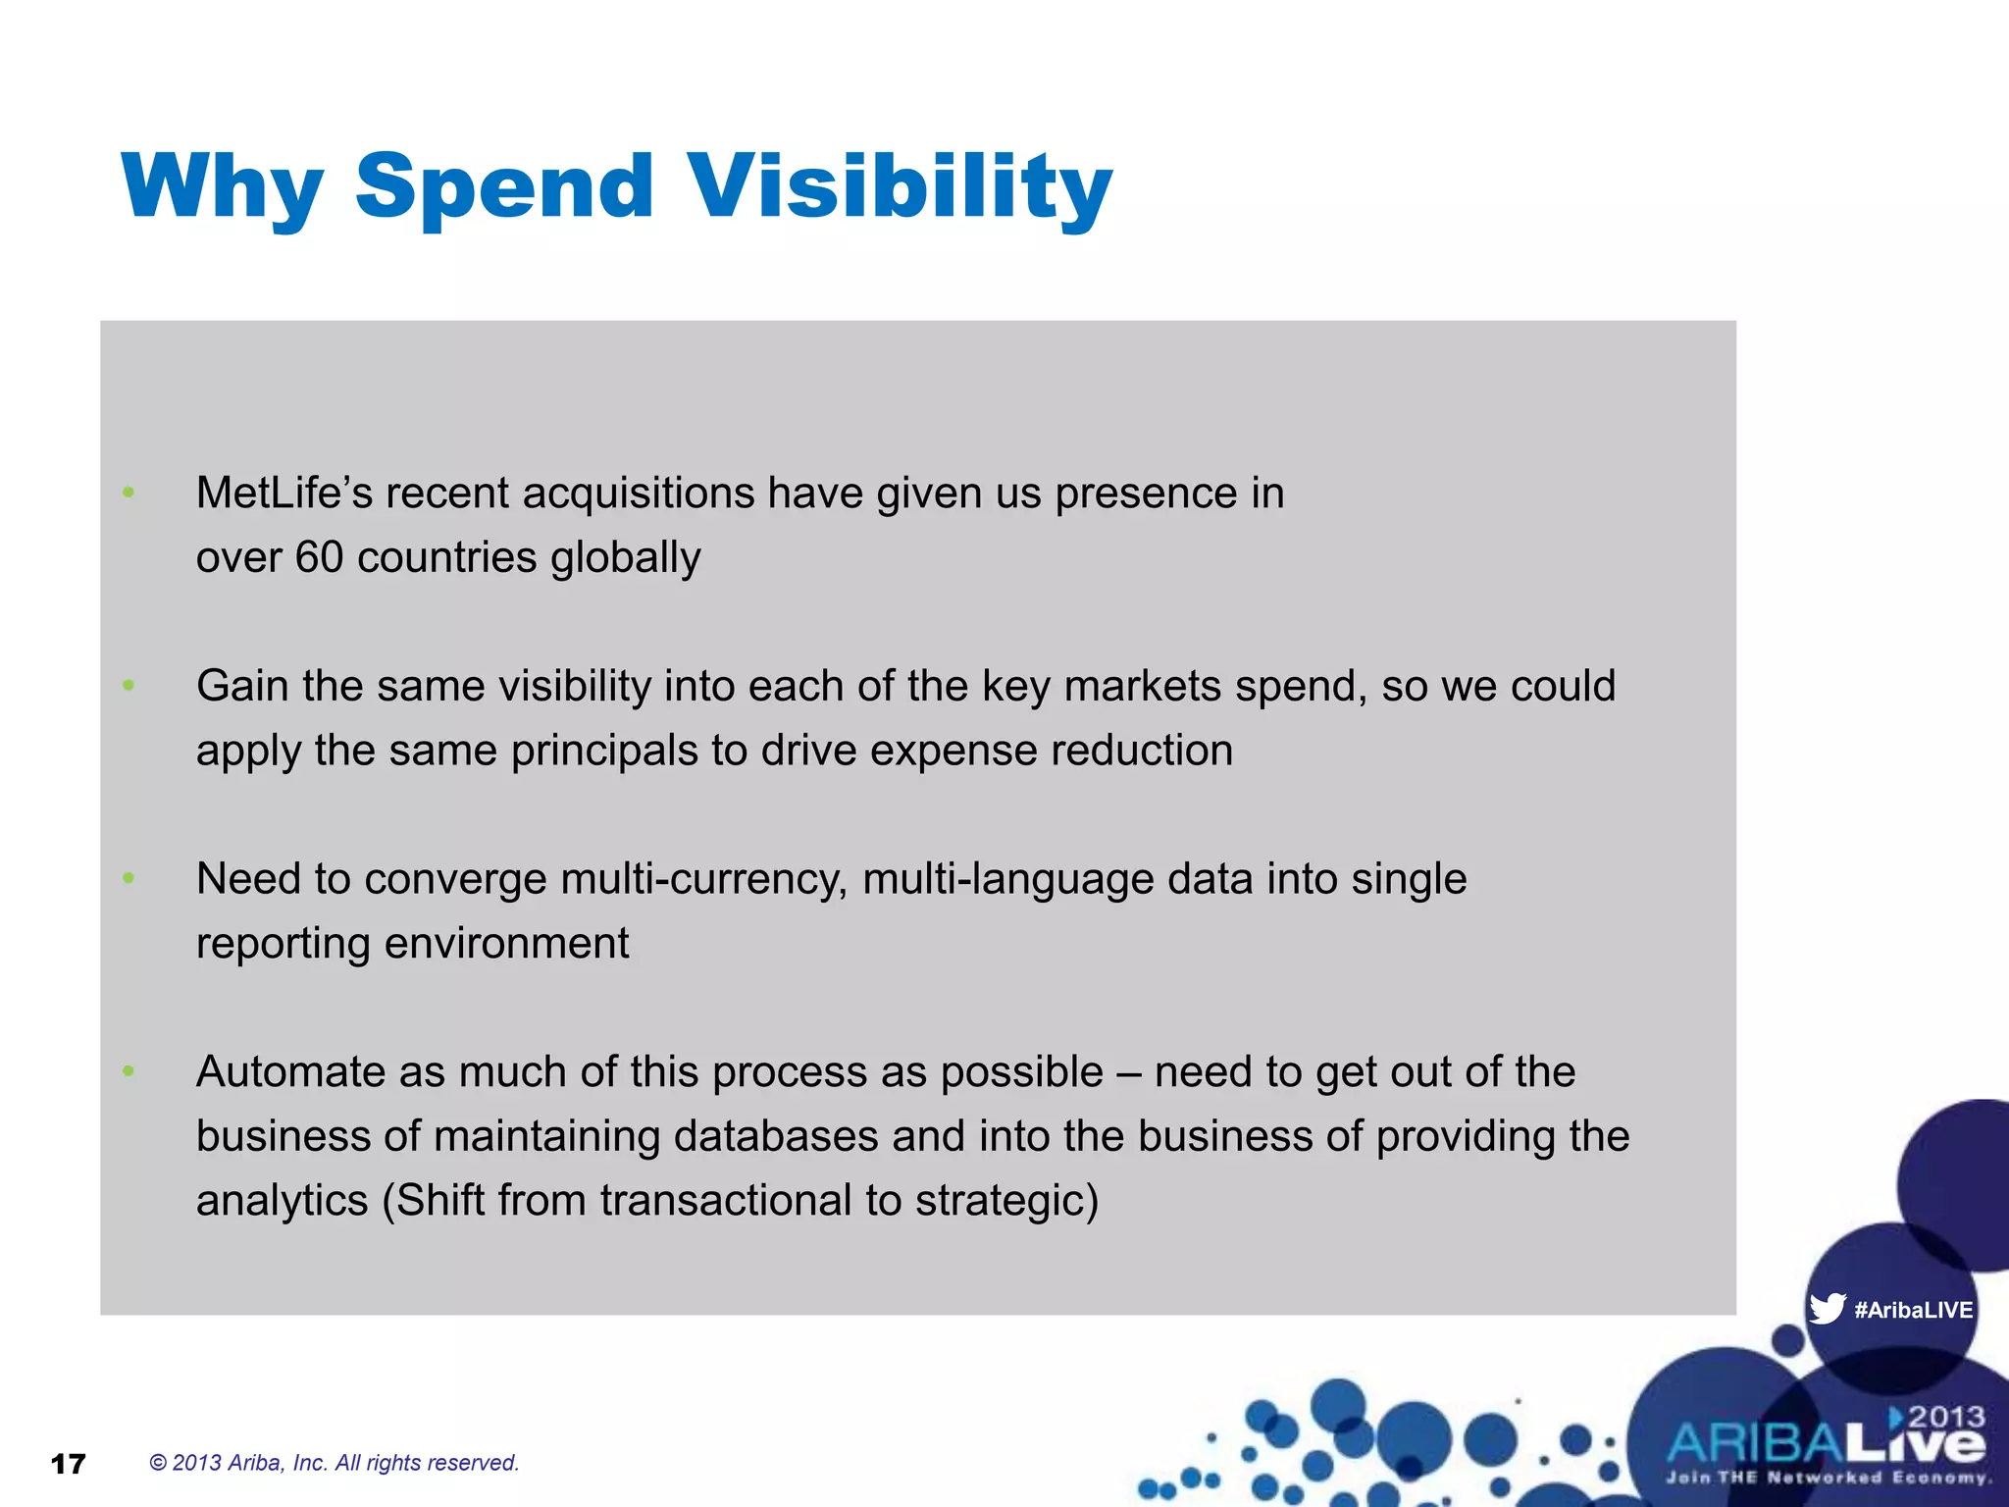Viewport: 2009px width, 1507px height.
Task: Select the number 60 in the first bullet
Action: pos(319,557)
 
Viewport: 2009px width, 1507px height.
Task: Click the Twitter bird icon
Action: pos(1827,1309)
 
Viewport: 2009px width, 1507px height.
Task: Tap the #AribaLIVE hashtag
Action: pos(1913,1310)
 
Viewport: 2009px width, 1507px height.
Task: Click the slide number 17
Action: pos(68,1464)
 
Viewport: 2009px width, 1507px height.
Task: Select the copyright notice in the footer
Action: pos(334,1463)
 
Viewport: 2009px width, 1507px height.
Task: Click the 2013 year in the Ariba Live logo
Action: pos(1946,1417)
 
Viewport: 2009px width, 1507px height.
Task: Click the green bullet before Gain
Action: pos(129,686)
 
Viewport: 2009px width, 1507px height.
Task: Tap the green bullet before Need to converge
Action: pos(129,879)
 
